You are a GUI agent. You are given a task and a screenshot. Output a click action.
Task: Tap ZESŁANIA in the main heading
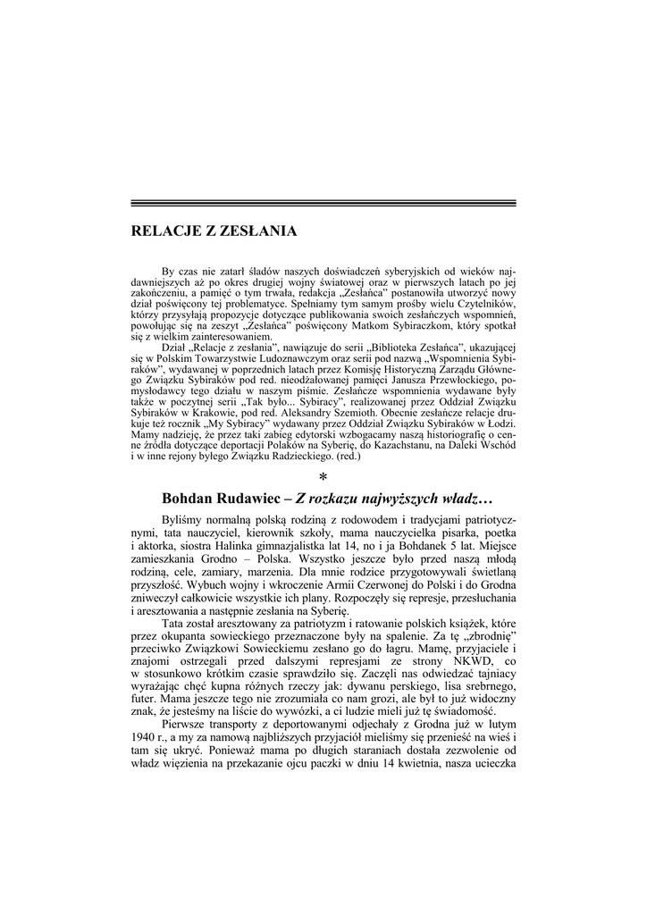point(257,231)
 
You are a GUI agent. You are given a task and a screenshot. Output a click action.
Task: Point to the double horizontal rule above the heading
point(323,204)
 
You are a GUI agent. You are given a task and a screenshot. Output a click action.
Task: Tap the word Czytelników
point(483,304)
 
